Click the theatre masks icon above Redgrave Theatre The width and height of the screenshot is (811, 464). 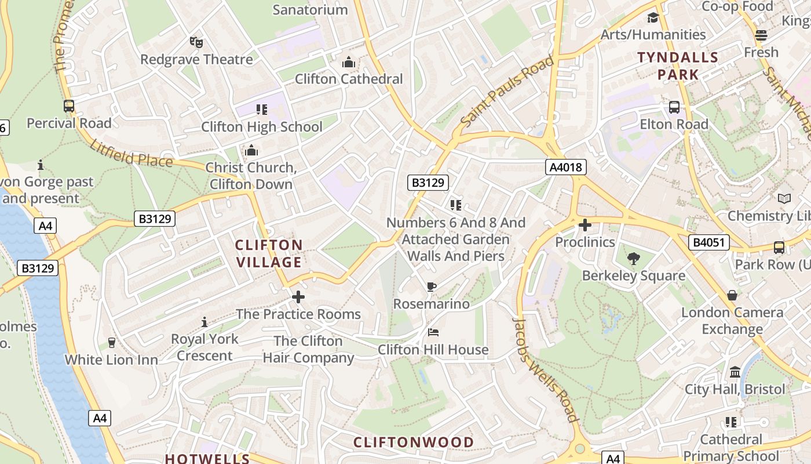pyautogui.click(x=196, y=42)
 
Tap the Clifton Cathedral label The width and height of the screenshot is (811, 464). pyautogui.click(x=349, y=79)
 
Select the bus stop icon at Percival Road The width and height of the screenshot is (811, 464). pyautogui.click(x=69, y=106)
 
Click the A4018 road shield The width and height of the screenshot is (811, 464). pyautogui.click(x=566, y=168)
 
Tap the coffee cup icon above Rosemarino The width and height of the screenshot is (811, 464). pyautogui.click(x=431, y=287)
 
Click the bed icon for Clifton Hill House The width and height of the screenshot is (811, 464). pyautogui.click(x=433, y=332)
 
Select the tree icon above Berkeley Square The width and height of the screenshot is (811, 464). pyautogui.click(x=634, y=259)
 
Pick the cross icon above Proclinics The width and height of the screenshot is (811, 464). pyautogui.click(x=585, y=225)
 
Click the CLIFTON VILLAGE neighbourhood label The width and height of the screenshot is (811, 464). pyautogui.click(x=269, y=253)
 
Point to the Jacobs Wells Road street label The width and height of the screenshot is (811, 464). pyautogui.click(x=546, y=370)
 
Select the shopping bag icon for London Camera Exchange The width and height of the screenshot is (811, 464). pyautogui.click(x=732, y=295)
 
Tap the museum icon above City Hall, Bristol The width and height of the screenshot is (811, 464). pyautogui.click(x=735, y=372)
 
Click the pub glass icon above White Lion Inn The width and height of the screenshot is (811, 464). pyautogui.click(x=112, y=342)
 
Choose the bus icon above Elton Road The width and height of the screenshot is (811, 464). pyautogui.click(x=674, y=107)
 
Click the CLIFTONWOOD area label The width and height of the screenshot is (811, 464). pyautogui.click(x=414, y=443)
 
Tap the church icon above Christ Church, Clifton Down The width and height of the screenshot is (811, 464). pyautogui.click(x=251, y=151)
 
